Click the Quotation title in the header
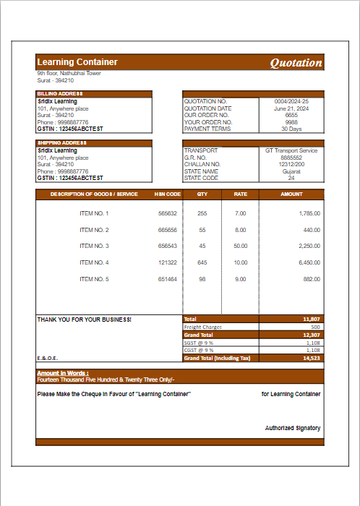pos(296,63)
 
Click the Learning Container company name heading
pos(77,62)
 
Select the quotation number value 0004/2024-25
pos(291,102)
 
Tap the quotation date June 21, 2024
pos(291,108)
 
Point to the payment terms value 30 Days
pos(291,129)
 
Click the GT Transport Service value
pos(291,151)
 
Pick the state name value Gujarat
pos(291,171)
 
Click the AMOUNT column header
pos(291,194)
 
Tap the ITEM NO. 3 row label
pos(94,246)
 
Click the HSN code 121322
pos(167,262)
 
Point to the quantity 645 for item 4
pos(202,262)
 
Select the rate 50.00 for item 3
pos(241,246)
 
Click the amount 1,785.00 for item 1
pos(309,214)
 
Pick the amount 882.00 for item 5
pos(312,279)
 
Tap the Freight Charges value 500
pos(315,327)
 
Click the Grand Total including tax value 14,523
pos(312,358)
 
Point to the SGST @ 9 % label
pos(199,343)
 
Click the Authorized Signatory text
pos(292,428)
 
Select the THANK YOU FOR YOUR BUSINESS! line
pos(85,319)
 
